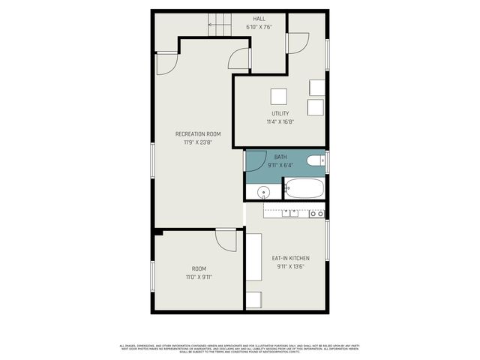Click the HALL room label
(259, 19)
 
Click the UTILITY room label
(280, 114)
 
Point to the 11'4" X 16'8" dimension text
(280, 121)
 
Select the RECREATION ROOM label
(198, 134)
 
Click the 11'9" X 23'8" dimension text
(198, 142)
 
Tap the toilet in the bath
(316, 159)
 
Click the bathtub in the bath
(304, 188)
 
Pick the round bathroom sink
(263, 193)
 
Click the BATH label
(280, 157)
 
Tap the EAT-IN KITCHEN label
(290, 259)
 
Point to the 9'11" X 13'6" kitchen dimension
(290, 266)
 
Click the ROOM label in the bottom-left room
(199, 268)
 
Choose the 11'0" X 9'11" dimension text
(199, 277)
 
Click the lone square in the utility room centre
(279, 97)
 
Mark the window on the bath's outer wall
(328, 161)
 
